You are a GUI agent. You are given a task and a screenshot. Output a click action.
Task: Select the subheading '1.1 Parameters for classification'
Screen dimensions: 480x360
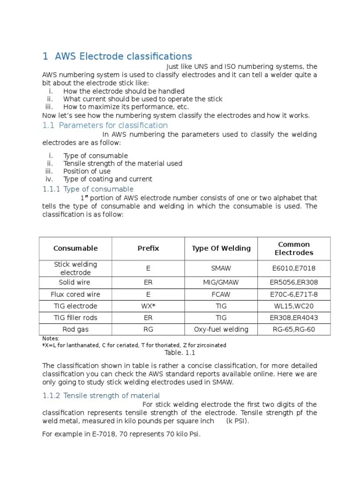point(105,125)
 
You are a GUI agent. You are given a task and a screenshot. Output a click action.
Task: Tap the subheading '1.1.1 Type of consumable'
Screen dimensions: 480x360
point(88,189)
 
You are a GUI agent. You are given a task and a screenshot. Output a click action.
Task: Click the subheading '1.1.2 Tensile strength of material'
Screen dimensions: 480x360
point(101,396)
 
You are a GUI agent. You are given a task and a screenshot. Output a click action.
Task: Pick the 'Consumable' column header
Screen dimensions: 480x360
point(75,248)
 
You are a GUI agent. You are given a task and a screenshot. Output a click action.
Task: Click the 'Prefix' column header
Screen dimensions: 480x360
point(148,248)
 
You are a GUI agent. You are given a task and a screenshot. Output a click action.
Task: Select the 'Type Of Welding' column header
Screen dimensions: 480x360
point(221,248)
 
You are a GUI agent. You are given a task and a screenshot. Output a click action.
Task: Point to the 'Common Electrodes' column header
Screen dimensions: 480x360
point(294,248)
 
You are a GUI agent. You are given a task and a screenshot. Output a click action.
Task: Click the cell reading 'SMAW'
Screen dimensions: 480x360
point(221,269)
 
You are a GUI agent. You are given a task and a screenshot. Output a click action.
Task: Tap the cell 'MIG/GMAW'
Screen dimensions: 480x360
point(221,283)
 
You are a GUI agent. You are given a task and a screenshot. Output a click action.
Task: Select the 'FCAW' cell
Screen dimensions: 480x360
point(221,294)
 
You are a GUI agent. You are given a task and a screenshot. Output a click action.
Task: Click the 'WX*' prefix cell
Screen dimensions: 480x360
point(148,306)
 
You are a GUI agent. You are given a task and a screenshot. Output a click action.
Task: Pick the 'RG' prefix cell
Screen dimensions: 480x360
point(148,330)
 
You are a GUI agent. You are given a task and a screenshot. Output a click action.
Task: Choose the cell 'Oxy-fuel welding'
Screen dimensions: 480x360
point(221,330)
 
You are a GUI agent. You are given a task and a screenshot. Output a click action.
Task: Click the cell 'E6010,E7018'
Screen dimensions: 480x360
point(294,269)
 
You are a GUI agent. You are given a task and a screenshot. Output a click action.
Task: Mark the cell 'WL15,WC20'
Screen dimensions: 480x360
point(294,306)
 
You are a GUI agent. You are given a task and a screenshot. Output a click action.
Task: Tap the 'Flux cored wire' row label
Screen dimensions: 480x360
point(75,294)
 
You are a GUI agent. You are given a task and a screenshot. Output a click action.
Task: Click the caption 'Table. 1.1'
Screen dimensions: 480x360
point(180,353)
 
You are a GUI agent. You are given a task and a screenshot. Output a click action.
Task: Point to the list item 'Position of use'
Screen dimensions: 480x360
point(87,171)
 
